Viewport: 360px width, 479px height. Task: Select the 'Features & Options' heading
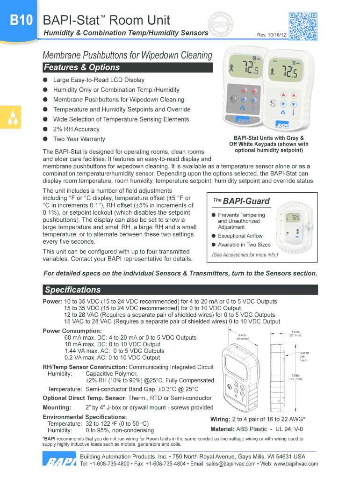(81, 67)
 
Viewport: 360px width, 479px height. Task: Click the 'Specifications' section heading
(72, 290)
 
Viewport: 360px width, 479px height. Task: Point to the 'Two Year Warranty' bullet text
(79, 139)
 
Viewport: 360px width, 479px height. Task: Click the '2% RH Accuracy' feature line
(76, 129)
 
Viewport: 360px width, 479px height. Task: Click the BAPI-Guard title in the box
(246, 201)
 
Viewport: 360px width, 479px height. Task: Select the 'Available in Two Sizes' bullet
(244, 245)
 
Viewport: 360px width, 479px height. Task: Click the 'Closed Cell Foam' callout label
(304, 356)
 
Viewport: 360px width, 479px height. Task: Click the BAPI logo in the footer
(59, 460)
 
